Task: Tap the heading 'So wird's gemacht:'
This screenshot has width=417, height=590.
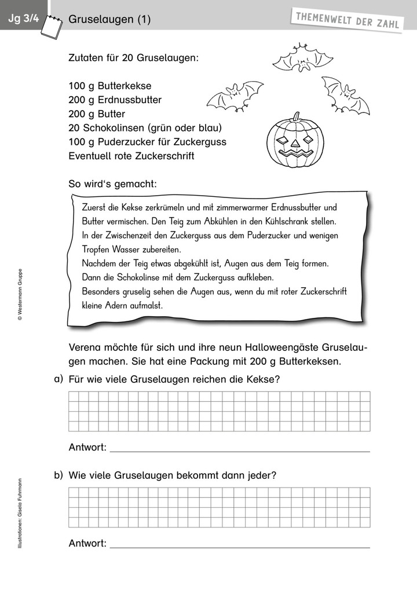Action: coord(112,184)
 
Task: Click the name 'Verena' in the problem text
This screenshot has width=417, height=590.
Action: coord(85,348)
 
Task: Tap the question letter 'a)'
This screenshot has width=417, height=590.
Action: coord(57,379)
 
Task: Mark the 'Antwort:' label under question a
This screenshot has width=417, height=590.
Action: coord(87,447)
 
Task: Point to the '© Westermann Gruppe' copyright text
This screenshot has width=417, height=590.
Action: coord(19,295)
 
